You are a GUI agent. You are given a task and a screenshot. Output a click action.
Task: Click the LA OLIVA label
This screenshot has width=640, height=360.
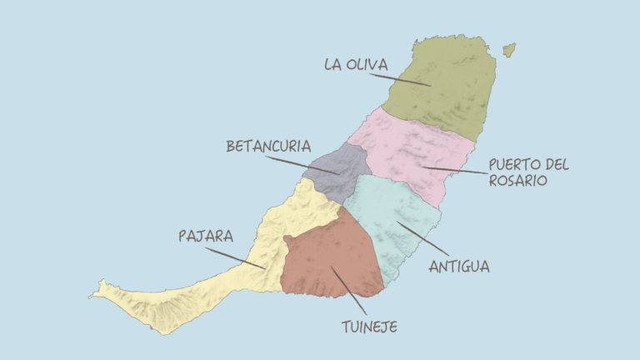(356, 64)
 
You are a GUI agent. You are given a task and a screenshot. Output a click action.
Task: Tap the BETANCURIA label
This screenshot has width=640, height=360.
(268, 146)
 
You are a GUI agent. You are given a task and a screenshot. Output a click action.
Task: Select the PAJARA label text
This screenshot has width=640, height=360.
(206, 236)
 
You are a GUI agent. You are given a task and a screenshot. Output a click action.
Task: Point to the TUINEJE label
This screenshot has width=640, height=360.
(369, 327)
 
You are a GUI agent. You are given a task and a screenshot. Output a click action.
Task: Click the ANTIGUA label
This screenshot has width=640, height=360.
(458, 267)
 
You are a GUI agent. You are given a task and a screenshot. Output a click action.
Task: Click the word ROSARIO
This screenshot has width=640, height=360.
(518, 180)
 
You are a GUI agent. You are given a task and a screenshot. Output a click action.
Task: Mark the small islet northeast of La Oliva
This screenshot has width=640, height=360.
(508, 50)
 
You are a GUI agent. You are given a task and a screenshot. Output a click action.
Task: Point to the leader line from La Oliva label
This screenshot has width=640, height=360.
(400, 79)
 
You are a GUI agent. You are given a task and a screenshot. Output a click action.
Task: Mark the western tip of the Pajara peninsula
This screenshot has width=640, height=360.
(93, 293)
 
